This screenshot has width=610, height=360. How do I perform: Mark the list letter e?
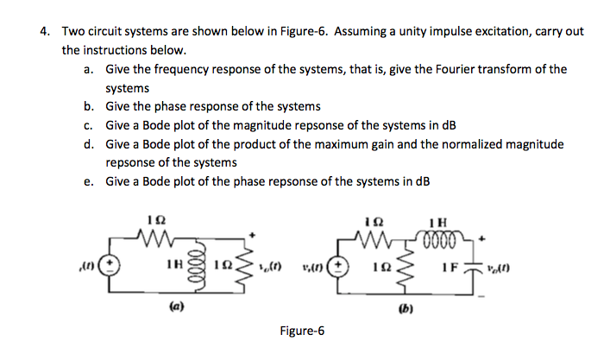(x=89, y=181)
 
